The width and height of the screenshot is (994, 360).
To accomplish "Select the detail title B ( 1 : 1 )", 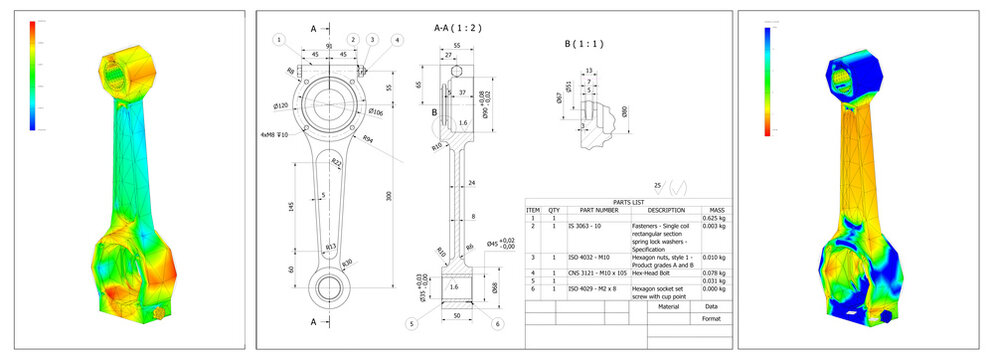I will coord(580,45).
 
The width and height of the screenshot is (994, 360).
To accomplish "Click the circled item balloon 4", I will coord(398,40).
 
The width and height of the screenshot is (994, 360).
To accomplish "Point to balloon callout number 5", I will coord(412,323).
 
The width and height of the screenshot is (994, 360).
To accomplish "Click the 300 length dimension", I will coord(389,196).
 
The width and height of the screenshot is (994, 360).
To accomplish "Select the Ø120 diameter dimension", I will coord(281,105).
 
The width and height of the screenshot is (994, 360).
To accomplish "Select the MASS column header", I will coord(716,210).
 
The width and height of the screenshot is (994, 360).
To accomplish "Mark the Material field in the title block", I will coord(662,308).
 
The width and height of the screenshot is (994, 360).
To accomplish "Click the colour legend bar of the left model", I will coord(32,75).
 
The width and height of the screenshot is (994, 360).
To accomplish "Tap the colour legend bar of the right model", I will coord(768,75).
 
